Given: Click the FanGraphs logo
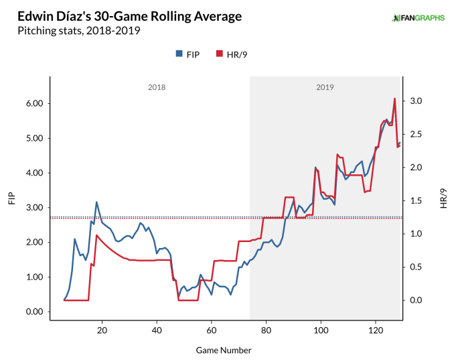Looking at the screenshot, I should tap(418, 18).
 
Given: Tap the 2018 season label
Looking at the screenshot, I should tap(156, 87).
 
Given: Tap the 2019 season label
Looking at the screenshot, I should tap(324, 87).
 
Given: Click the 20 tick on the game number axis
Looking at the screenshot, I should tap(102, 330).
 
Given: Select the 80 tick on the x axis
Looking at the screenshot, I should tap(266, 330).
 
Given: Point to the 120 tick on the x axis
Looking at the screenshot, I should tap(376, 330).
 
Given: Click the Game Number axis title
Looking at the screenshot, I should tap(224, 350).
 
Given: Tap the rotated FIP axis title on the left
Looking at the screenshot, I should tap(12, 199).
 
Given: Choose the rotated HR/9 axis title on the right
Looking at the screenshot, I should tap(444, 199).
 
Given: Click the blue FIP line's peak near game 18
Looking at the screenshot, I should tap(96, 202).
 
